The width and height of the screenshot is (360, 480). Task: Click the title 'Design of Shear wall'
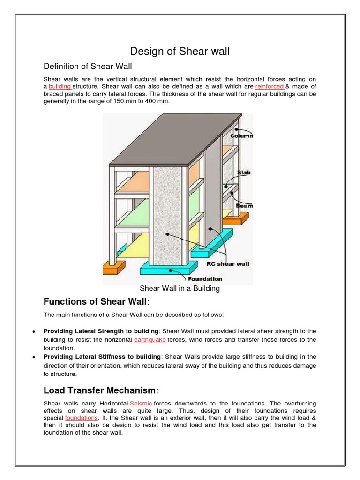pos(180,51)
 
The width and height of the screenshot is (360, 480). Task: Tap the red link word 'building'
pos(60,87)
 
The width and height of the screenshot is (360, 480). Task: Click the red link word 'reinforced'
pos(270,87)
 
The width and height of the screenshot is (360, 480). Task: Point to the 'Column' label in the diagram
pos(241,136)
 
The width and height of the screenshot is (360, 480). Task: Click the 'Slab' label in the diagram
pos(243,172)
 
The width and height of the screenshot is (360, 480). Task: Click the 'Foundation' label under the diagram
pos(205,279)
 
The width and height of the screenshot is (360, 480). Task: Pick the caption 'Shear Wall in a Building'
pos(180,288)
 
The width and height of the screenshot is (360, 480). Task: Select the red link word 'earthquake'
pos(150,339)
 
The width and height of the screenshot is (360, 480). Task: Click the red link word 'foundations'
pos(82,418)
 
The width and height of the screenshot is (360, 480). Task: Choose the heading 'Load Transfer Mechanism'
pos(99,390)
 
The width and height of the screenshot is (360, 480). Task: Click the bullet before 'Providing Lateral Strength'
pos(34,331)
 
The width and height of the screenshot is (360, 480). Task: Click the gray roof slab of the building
pos(178,141)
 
